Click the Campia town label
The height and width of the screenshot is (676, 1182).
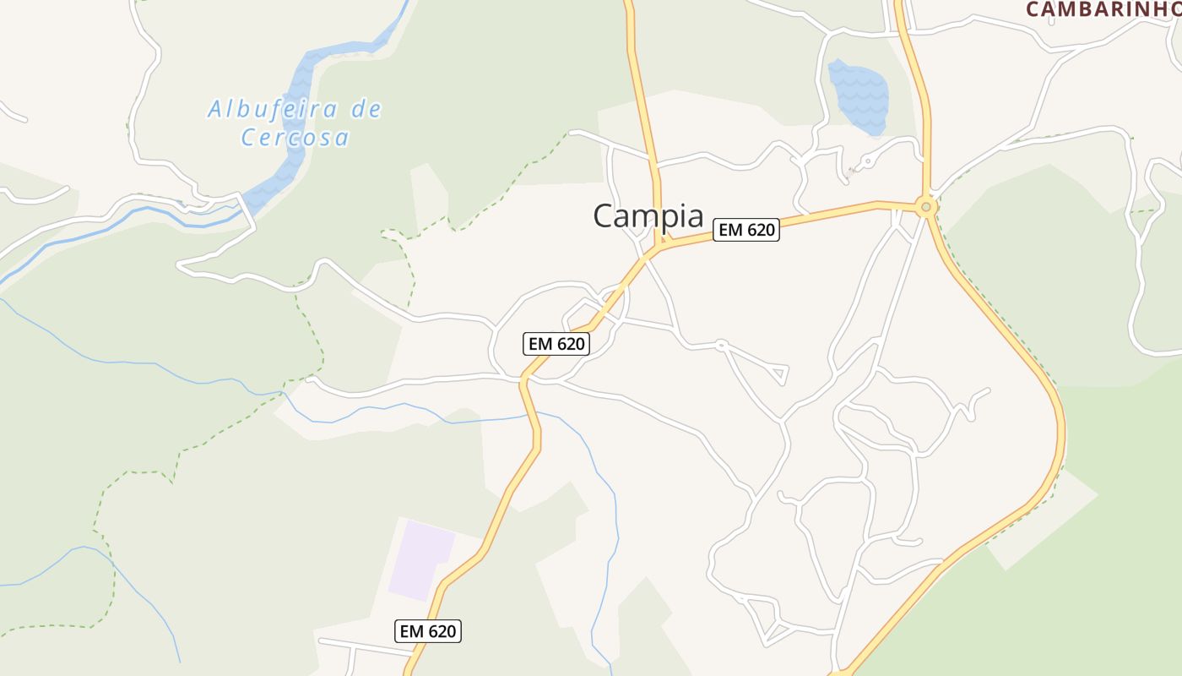[648, 215]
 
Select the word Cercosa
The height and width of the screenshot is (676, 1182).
[295, 137]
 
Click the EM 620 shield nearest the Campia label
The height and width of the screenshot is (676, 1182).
[746, 230]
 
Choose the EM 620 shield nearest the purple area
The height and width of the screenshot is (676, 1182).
[428, 631]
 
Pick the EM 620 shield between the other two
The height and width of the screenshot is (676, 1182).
[556, 344]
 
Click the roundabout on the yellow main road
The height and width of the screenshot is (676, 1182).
[926, 206]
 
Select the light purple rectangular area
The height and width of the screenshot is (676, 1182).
[420, 559]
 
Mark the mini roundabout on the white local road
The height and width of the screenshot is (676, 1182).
[721, 344]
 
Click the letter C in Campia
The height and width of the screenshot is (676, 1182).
[603, 216]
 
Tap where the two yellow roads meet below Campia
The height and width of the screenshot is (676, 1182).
[659, 246]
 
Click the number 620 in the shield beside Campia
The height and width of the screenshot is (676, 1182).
[757, 230]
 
